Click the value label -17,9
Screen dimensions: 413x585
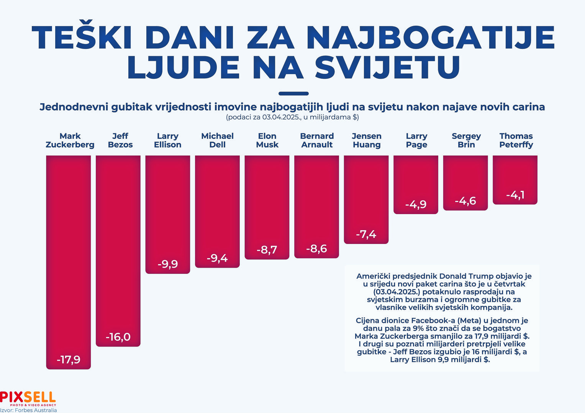click(69, 360)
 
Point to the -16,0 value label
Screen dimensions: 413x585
click(118, 337)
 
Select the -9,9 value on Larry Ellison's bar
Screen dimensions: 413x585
click(168, 264)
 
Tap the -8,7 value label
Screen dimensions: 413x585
click(267, 250)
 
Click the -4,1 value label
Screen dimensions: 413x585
click(515, 195)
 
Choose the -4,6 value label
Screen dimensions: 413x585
click(465, 201)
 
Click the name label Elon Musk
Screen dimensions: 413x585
click(267, 140)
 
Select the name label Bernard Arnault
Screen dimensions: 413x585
click(317, 140)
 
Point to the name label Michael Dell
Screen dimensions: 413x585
click(217, 140)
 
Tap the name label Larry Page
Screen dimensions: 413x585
click(416, 140)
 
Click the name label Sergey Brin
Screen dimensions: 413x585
click(466, 140)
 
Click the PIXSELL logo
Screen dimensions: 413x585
click(28, 398)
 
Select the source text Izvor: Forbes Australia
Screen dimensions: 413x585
click(28, 410)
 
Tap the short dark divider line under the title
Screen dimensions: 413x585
click(293, 93)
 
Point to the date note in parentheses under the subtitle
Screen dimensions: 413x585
click(292, 117)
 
